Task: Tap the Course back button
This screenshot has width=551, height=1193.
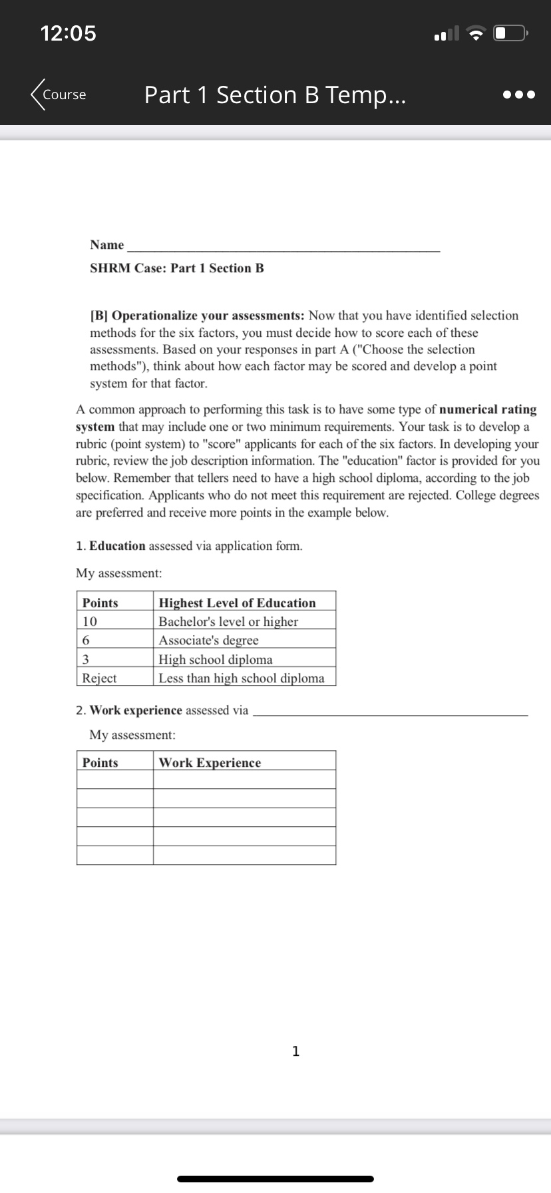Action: [x=59, y=95]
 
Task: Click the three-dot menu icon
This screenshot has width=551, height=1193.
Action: [x=518, y=95]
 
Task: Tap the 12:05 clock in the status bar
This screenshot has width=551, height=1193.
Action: [x=69, y=33]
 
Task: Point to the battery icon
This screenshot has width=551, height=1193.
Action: [x=510, y=33]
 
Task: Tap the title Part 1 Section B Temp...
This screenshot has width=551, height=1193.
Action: [x=275, y=95]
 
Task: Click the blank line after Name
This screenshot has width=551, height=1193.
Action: [x=283, y=246]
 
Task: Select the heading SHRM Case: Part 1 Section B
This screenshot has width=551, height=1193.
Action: [x=177, y=268]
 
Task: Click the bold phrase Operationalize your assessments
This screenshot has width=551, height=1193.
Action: [x=208, y=316]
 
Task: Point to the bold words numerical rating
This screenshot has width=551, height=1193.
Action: [x=488, y=409]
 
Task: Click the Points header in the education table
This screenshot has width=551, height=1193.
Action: [x=100, y=603]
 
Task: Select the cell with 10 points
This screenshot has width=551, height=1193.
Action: [x=90, y=622]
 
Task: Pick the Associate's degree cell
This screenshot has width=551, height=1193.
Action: [x=209, y=640]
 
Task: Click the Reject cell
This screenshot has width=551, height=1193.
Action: [x=99, y=678]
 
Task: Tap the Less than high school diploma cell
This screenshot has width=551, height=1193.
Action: [x=242, y=678]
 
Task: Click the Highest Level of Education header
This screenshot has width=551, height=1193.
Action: [x=238, y=603]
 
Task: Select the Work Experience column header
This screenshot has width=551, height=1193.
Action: [x=210, y=763]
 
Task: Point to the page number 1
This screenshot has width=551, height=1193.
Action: [x=296, y=1051]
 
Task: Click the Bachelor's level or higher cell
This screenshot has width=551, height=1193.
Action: [x=228, y=622]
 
